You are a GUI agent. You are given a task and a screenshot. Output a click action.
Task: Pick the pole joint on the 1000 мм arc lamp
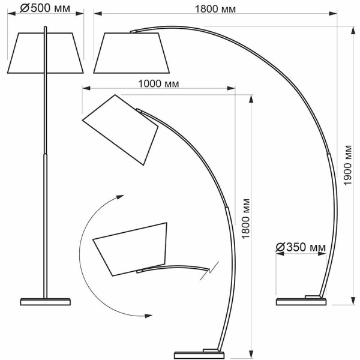click(227, 208)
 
